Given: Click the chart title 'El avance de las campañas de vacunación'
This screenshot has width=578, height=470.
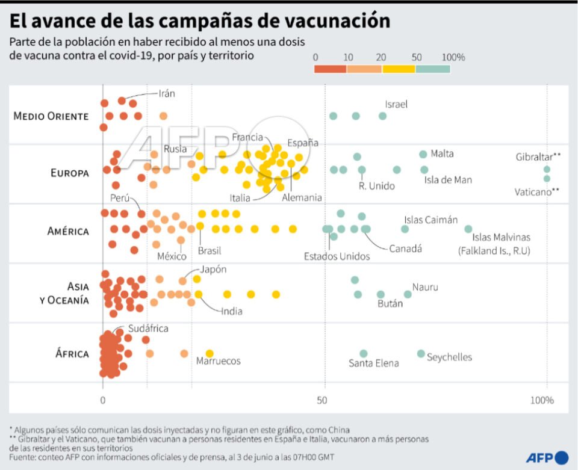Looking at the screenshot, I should (199, 20).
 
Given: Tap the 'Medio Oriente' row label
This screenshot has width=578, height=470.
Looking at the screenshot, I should (51, 116).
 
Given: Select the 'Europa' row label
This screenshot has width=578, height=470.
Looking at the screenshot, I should (70, 173).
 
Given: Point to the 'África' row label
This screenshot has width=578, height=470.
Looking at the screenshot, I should (72, 353).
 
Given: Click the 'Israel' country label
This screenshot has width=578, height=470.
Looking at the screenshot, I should (396, 104).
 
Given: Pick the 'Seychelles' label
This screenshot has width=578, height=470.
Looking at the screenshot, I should (449, 357).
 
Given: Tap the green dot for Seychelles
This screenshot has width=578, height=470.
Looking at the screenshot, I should (421, 354).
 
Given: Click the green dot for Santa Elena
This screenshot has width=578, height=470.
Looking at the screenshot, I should (364, 354).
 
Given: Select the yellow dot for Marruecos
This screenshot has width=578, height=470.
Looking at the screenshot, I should (210, 354).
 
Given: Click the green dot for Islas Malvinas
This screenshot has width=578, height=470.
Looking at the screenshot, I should (468, 229).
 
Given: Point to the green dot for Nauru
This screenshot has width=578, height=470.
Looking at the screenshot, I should (408, 294).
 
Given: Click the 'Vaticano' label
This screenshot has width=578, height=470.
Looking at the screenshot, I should (533, 192).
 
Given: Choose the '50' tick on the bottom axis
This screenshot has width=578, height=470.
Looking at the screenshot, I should (325, 400).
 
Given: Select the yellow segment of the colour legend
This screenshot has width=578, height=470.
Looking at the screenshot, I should (399, 69).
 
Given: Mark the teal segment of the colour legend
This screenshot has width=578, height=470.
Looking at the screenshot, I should (433, 69).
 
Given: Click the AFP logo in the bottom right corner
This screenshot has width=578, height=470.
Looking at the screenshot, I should (547, 458).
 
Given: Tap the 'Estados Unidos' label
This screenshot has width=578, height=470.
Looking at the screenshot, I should (337, 256).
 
